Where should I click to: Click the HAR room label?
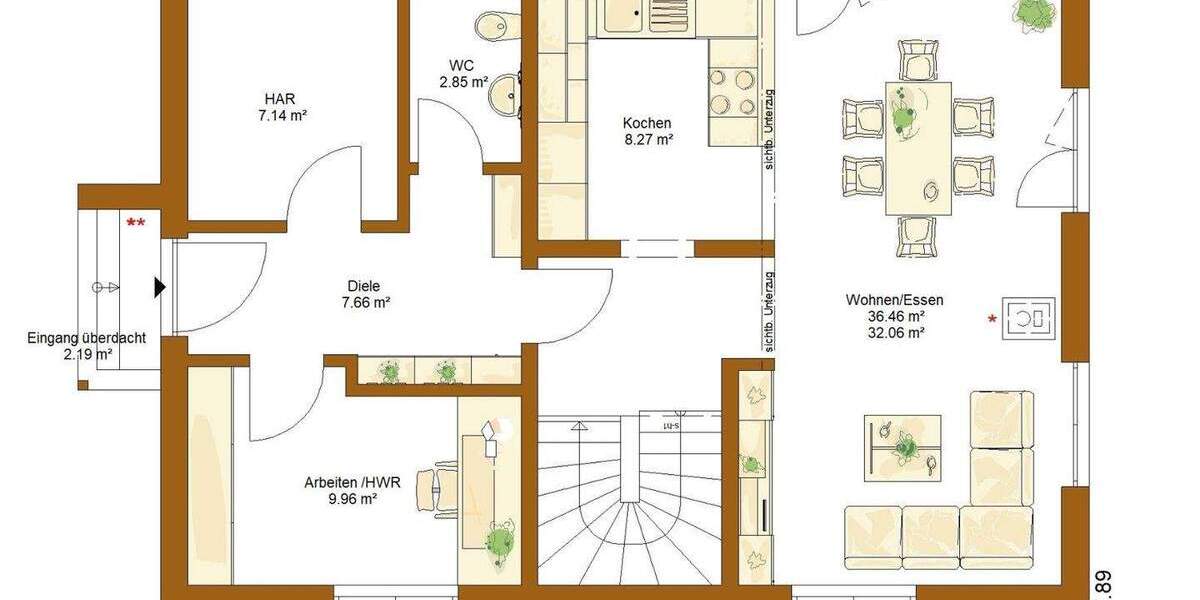point(280,99)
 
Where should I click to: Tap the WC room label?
point(461,66)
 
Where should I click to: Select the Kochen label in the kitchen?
point(647,123)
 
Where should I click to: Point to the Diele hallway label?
point(365,286)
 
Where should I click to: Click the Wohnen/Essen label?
point(894,299)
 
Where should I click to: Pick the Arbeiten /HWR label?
point(353,481)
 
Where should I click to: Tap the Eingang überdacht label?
point(86,338)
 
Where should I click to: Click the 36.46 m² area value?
point(895,316)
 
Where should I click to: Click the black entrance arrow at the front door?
point(159,288)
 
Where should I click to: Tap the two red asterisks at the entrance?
point(135,223)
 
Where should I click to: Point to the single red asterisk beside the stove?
point(992,319)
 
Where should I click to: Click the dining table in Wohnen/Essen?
point(918,148)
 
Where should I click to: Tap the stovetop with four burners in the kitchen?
point(733,93)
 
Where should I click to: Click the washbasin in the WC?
point(503,95)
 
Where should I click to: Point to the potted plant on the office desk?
point(499,541)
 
